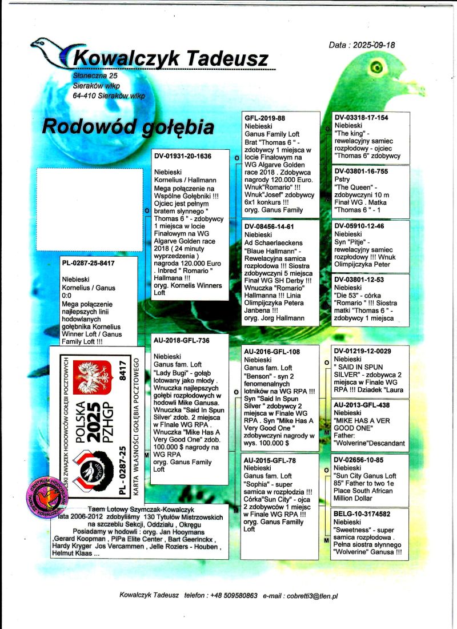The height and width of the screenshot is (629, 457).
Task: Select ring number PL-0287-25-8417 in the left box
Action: [88, 264]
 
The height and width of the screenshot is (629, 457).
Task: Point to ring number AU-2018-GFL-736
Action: [182, 340]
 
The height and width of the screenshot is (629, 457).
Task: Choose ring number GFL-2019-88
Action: [265, 118]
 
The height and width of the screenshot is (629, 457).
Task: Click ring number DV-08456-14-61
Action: [269, 226]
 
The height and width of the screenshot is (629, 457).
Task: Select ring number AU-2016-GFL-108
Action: [272, 351]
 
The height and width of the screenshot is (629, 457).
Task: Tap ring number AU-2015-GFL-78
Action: [270, 460]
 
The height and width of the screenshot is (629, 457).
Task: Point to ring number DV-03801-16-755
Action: [361, 171]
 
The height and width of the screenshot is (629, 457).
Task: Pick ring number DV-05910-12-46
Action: [359, 226]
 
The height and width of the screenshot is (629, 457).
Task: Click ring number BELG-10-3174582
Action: [362, 514]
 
